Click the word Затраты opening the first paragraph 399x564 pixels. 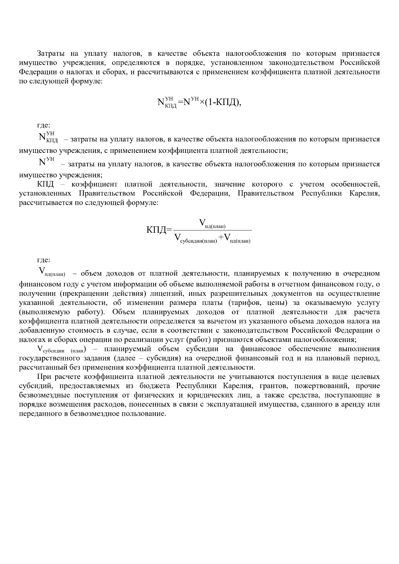point(49,54)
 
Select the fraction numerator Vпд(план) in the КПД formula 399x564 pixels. point(212,224)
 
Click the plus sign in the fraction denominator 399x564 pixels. point(221,237)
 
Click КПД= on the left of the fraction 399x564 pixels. point(159,230)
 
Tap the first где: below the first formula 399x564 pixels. point(43,125)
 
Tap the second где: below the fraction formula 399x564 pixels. point(43,260)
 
